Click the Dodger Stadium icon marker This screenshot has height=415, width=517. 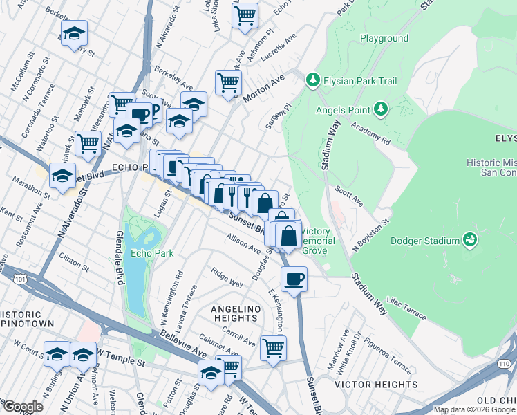coord(470,240)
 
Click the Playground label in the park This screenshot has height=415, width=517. coord(384,39)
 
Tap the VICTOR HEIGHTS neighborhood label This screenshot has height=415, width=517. coord(376,384)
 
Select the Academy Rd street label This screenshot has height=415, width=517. coord(370,131)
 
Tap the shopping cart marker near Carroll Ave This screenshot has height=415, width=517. coord(273,347)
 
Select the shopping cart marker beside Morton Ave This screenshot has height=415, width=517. coord(227,83)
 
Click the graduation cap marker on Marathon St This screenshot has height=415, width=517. coord(63,175)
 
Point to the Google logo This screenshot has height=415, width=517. coord(23,407)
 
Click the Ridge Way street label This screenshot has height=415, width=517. coord(227,278)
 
